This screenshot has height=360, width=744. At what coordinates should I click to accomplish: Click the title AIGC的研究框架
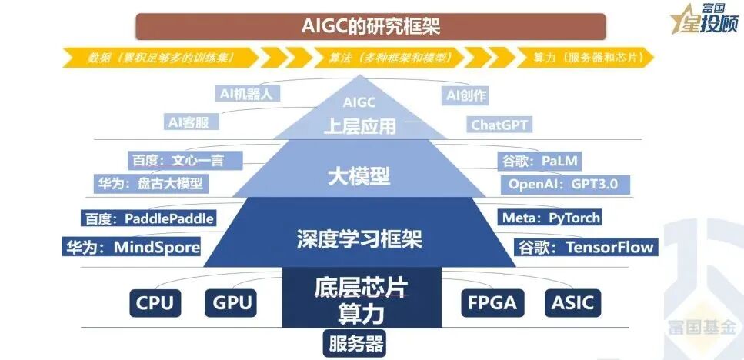click(x=371, y=26)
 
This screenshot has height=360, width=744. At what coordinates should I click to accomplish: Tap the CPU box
click(x=155, y=302)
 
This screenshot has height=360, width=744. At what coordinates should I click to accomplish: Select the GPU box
click(x=232, y=302)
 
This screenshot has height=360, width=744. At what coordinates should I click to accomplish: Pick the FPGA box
click(x=492, y=302)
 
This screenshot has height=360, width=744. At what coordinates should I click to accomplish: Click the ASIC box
click(x=572, y=302)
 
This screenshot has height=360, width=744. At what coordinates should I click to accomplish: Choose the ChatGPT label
click(x=501, y=125)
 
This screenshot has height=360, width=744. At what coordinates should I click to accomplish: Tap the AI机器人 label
click(x=246, y=94)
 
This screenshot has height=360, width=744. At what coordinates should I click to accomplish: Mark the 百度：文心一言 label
click(x=185, y=161)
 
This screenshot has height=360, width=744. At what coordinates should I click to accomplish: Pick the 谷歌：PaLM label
click(x=539, y=162)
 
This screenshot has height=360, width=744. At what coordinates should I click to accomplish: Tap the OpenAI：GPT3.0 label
click(x=568, y=184)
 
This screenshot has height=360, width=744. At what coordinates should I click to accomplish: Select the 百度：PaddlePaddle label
click(x=148, y=218)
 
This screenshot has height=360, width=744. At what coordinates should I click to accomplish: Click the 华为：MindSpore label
click(x=132, y=247)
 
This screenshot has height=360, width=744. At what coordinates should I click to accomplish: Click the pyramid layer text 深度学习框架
click(x=359, y=238)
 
